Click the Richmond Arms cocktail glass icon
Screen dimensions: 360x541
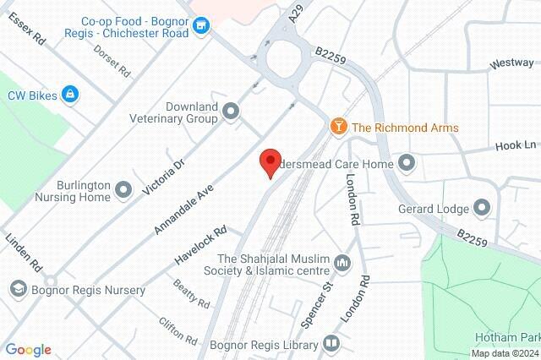pos(338,128)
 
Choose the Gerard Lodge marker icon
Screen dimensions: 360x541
pos(483,206)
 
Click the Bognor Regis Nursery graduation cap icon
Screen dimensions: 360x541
pos(16,289)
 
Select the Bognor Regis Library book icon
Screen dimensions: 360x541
pos(331,344)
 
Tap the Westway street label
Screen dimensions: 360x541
pos(512,63)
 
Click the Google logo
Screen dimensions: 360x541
pos(28,350)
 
